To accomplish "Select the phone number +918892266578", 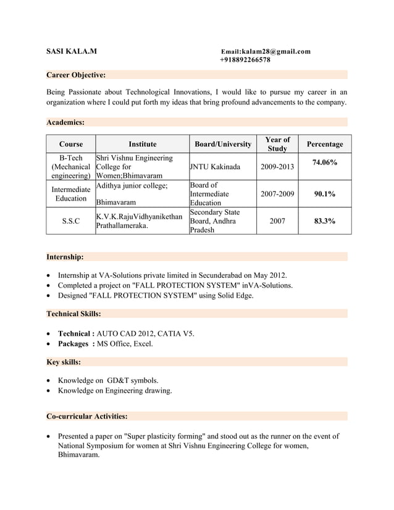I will pos(245,60).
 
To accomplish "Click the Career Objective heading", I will pos(76,75).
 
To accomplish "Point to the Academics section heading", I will pos(65,122).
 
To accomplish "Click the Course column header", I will pos(70,144).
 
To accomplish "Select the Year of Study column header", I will pos(277,144).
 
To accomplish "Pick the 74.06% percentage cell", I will pos(324,162).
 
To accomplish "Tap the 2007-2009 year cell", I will pos(277,194).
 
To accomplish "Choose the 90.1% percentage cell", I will pos(324,194).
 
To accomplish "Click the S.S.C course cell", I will pos(70,221).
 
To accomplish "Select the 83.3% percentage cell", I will pos(324,221).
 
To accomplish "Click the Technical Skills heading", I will pos(73,314).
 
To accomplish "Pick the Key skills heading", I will pos(64,362).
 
